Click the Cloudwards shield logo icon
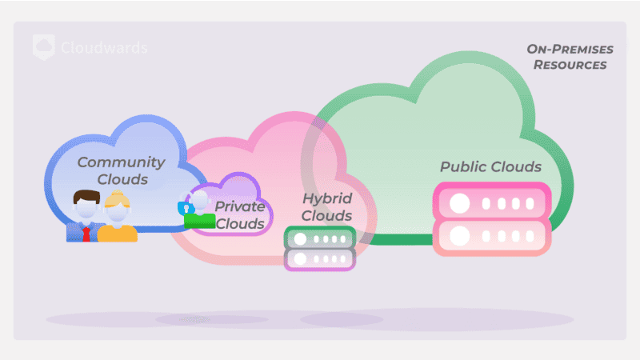[44, 47]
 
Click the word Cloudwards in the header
[104, 48]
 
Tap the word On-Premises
[570, 49]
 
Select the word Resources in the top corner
[570, 65]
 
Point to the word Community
[121, 162]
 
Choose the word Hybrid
[326, 198]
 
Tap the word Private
[240, 206]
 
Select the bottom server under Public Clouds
[492, 237]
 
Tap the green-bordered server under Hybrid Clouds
[320, 238]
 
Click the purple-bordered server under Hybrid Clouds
[320, 258]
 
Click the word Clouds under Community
[122, 179]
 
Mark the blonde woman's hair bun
[118, 194]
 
